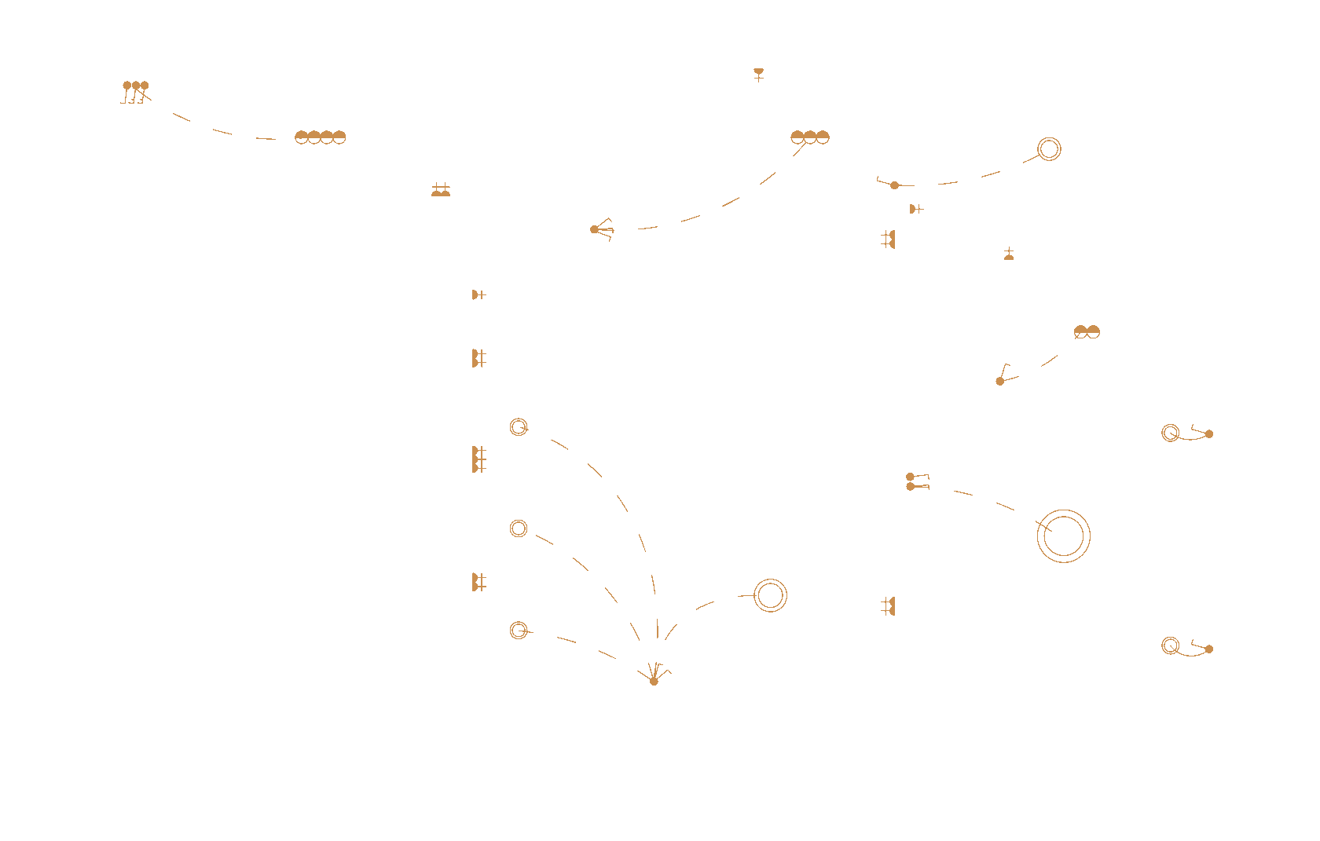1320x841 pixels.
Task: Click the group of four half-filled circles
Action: pos(320,137)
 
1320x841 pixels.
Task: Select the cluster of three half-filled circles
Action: pos(810,137)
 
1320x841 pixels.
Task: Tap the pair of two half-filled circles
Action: pos(1087,332)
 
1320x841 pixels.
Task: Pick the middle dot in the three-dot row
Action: pos(136,86)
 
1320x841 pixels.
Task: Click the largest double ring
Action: pos(1063,536)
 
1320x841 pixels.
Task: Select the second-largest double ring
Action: pos(770,595)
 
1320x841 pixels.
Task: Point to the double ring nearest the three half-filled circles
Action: pos(1049,149)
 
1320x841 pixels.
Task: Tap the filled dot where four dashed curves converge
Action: pos(654,681)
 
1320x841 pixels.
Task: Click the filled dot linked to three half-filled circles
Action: pos(595,229)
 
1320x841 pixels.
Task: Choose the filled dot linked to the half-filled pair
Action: pos(1000,381)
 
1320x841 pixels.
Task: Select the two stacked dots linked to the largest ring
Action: pos(911,481)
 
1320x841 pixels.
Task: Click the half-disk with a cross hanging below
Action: pos(758,72)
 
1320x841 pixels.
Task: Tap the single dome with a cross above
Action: pos(1009,255)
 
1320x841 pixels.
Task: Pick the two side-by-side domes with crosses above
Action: pos(441,191)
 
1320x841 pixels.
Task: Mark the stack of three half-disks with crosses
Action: pos(476,459)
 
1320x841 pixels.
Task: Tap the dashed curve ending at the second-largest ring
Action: pos(705,605)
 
